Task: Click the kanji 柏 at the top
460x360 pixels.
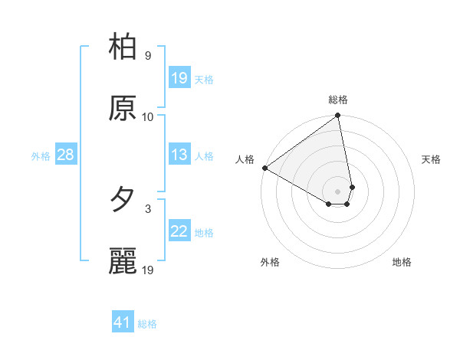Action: pos(123,47)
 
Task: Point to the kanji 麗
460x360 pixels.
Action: pos(123,261)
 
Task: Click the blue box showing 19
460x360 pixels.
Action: pos(179,78)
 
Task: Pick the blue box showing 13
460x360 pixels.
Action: pos(179,155)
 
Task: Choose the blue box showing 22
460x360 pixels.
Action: pos(179,231)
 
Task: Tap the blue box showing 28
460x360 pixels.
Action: pos(65,155)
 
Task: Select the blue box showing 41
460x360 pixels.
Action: pos(123,322)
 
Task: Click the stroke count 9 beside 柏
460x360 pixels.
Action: pos(148,56)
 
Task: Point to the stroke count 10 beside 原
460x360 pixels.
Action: pos(148,116)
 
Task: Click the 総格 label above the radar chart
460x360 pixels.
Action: pos(338,100)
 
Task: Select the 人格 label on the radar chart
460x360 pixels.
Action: pos(245,159)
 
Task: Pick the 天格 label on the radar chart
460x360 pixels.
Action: pos(431,159)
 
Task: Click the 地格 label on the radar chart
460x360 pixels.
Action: pos(402,262)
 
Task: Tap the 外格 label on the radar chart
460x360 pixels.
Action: pos(270,262)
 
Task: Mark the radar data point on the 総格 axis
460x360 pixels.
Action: pos(338,116)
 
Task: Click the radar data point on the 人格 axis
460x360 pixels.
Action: pos(264,168)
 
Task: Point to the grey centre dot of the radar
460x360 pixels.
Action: pos(338,191)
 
